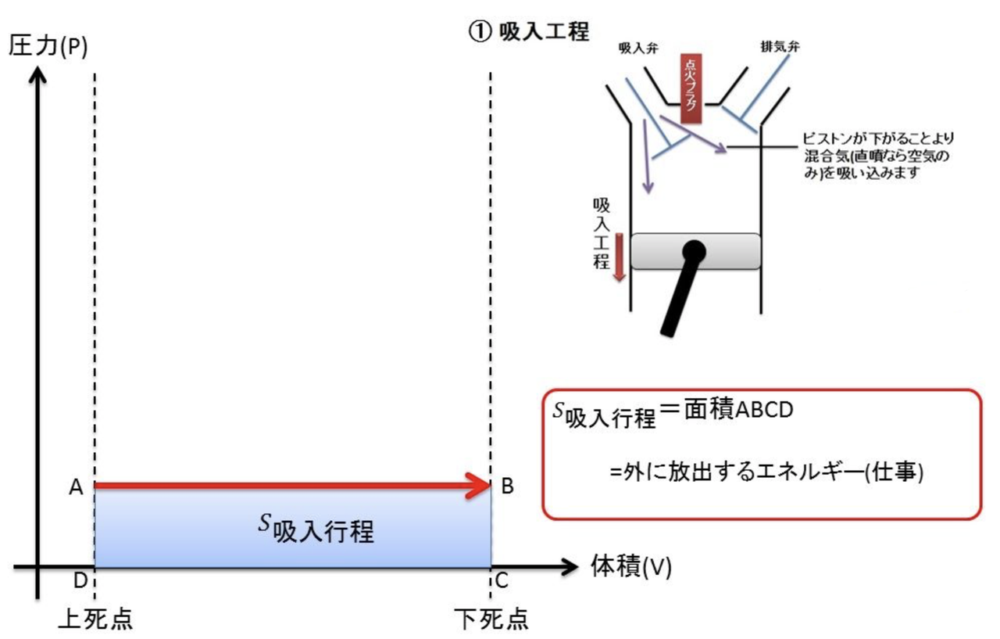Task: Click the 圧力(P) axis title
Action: [x=48, y=46]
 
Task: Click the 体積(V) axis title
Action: [x=631, y=566]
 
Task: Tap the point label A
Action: [x=76, y=487]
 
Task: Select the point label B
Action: [x=507, y=486]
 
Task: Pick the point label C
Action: [x=502, y=581]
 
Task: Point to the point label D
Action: [x=80, y=580]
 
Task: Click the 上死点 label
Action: [x=95, y=619]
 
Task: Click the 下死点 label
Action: [x=491, y=619]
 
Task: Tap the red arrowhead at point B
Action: [x=480, y=485]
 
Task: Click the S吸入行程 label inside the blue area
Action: [x=316, y=529]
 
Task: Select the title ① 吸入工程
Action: [x=529, y=32]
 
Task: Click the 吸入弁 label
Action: [x=638, y=48]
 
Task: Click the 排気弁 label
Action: [x=780, y=46]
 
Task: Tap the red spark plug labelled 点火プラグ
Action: [x=691, y=88]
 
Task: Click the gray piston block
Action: [x=695, y=251]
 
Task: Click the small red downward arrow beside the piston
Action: [x=620, y=257]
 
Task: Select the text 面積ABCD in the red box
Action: [x=738, y=409]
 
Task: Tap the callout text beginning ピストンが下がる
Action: [x=877, y=156]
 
